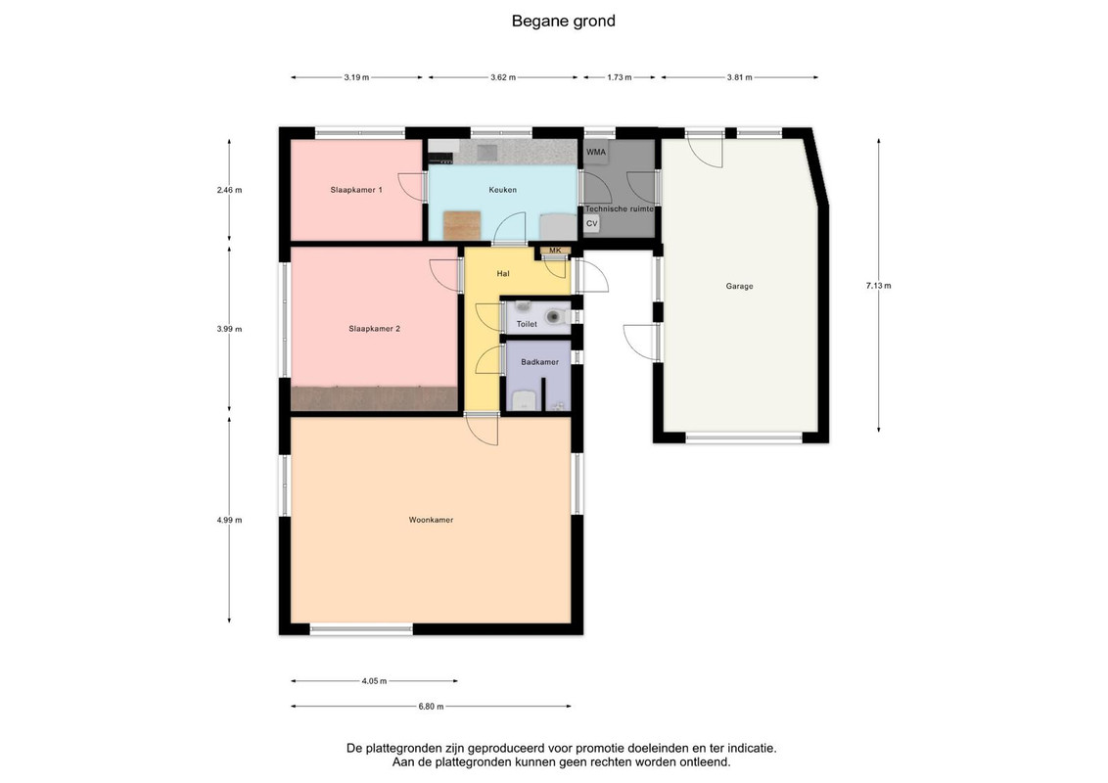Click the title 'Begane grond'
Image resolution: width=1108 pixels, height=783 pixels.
pyautogui.click(x=563, y=22)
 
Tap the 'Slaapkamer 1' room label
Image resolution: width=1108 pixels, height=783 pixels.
pyautogui.click(x=356, y=190)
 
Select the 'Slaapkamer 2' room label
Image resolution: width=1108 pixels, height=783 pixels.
pyautogui.click(x=375, y=329)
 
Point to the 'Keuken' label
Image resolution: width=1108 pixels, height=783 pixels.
pyautogui.click(x=502, y=190)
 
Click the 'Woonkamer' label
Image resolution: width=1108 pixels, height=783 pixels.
pyautogui.click(x=431, y=520)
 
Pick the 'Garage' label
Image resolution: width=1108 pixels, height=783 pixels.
pyautogui.click(x=739, y=286)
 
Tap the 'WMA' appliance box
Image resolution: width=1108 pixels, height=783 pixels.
pyautogui.click(x=596, y=152)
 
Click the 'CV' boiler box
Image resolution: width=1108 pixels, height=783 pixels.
pyautogui.click(x=592, y=223)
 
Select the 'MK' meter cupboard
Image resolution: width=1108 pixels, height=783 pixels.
pyautogui.click(x=555, y=251)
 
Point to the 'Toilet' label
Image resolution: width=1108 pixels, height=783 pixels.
pyautogui.click(x=527, y=324)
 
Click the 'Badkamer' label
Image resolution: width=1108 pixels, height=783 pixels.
pyautogui.click(x=540, y=362)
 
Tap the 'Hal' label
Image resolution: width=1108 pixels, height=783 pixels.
pyautogui.click(x=503, y=273)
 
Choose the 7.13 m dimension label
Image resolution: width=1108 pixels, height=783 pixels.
pyautogui.click(x=878, y=286)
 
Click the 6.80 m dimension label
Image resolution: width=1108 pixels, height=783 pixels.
pyautogui.click(x=431, y=706)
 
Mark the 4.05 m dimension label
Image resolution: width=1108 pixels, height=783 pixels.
pyautogui.click(x=375, y=681)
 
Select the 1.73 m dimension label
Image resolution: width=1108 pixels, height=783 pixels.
pyautogui.click(x=620, y=77)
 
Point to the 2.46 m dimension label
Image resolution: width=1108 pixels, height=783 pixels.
pyautogui.click(x=230, y=190)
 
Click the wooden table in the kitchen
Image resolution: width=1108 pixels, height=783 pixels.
pyautogui.click(x=462, y=225)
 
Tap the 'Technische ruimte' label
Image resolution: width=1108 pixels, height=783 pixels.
pyautogui.click(x=619, y=209)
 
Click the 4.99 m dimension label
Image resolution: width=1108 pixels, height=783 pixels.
pyautogui.click(x=230, y=520)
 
